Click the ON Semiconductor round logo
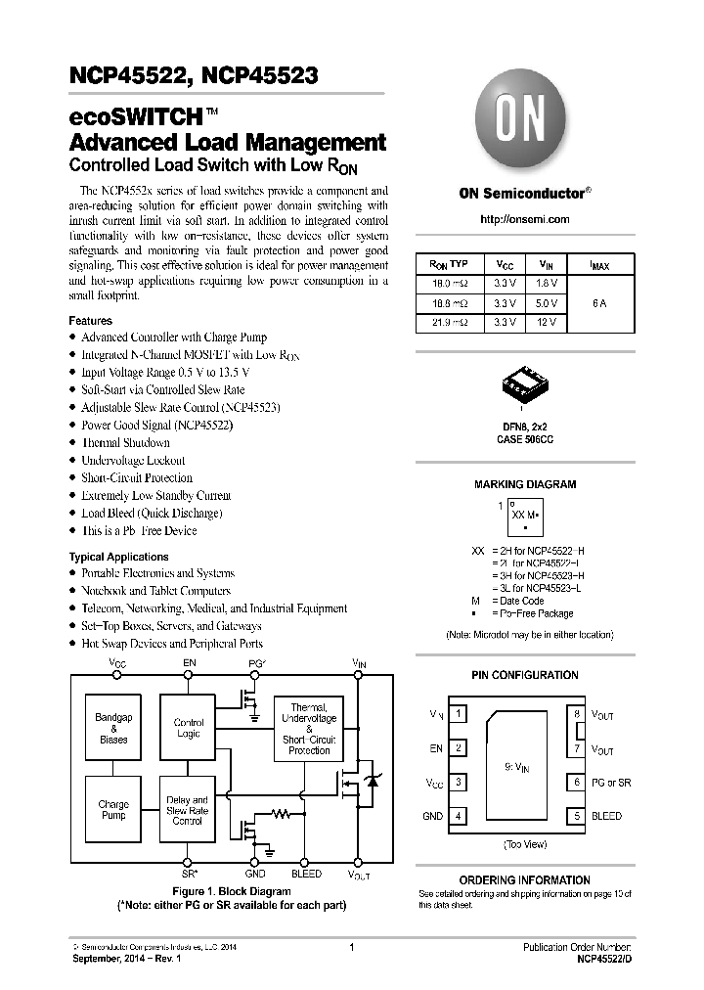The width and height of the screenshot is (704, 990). click(x=525, y=123)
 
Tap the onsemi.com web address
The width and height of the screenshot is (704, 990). click(x=525, y=219)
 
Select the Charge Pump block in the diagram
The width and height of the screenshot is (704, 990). click(x=113, y=809)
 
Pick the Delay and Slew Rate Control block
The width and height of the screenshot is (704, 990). click(x=188, y=809)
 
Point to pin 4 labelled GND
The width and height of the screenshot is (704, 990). click(x=459, y=816)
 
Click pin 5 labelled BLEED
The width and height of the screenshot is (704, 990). click(x=578, y=816)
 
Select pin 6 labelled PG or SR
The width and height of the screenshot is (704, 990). click(x=578, y=783)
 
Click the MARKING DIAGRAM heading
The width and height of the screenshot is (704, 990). click(x=525, y=484)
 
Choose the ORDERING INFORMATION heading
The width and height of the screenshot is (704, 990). click(x=525, y=880)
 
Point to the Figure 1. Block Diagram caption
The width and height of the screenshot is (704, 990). click(x=232, y=891)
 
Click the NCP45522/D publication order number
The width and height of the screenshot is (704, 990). click(x=596, y=960)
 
